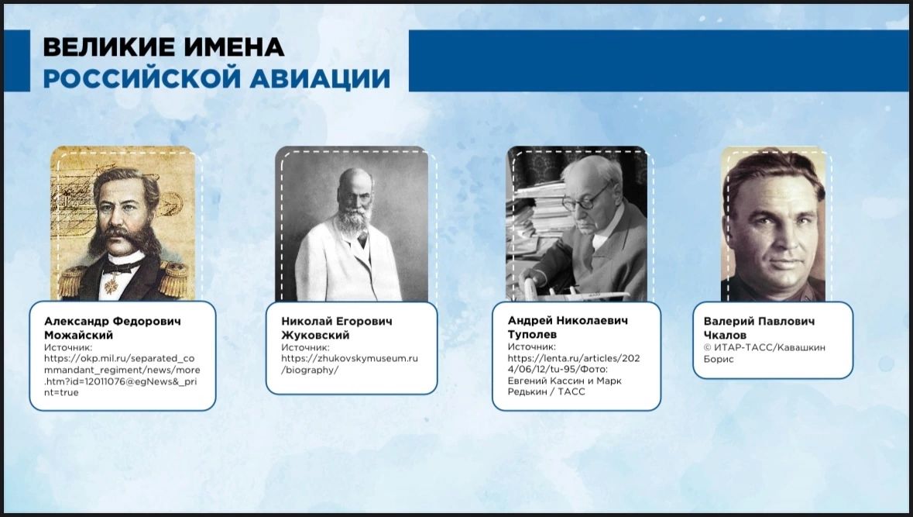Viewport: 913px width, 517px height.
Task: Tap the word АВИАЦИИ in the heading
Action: pyautogui.click(x=321, y=79)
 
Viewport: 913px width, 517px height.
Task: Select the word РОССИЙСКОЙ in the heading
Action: pyautogui.click(x=142, y=78)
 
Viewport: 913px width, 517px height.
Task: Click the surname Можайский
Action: pyautogui.click(x=79, y=335)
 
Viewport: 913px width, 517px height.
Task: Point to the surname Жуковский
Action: pyautogui.click(x=316, y=335)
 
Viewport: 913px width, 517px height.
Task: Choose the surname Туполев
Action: pyautogui.click(x=532, y=335)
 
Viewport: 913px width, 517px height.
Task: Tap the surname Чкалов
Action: pyautogui.click(x=724, y=335)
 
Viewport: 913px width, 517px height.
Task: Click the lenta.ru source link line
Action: pyautogui.click(x=574, y=358)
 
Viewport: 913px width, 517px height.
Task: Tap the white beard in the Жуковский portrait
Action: pyautogui.click(x=354, y=220)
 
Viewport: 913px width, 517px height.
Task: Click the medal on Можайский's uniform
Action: pyautogui.click(x=111, y=285)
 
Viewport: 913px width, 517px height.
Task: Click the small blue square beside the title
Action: pyautogui.click(x=17, y=60)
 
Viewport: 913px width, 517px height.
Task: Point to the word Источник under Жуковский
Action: pyautogui.click(x=305, y=347)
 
